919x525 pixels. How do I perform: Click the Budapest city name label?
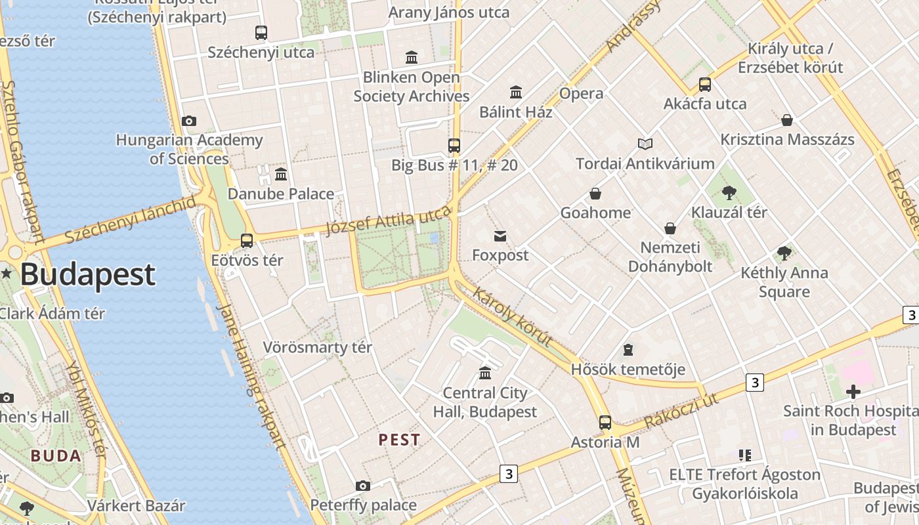(87, 274)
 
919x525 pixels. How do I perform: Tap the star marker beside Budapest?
(7, 274)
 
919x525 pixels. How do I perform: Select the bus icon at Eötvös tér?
(247, 241)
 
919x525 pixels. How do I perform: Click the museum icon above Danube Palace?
(281, 174)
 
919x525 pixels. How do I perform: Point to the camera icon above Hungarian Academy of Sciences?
(189, 121)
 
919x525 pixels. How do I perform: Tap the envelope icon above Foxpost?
(500, 236)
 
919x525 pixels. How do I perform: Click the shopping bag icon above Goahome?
(595, 194)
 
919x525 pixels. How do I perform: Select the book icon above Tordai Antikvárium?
(645, 144)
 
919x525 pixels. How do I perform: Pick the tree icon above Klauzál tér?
(729, 193)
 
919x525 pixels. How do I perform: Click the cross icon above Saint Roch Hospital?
(853, 392)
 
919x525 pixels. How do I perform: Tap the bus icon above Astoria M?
(605, 423)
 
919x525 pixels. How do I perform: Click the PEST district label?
(399, 440)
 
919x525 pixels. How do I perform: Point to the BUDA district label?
(56, 456)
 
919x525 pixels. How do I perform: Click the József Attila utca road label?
(389, 220)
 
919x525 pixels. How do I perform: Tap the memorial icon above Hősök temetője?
(628, 350)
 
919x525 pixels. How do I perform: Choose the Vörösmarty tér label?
(317, 347)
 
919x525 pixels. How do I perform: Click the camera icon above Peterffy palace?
(362, 486)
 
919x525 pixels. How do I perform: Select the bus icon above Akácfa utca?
(704, 84)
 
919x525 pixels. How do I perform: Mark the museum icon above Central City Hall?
(485, 373)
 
